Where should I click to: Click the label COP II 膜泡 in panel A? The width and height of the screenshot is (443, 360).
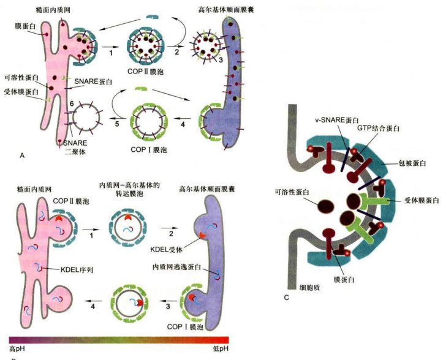(x=145, y=72)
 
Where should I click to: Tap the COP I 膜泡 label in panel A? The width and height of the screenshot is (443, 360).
(x=149, y=149)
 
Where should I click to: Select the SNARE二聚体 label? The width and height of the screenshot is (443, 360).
(x=75, y=147)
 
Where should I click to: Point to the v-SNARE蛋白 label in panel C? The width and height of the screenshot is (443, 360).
(x=337, y=120)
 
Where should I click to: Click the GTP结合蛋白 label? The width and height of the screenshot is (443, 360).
(x=378, y=128)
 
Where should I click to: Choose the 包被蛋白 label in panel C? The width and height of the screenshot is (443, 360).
(x=412, y=163)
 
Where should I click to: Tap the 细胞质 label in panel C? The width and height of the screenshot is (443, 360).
(x=309, y=288)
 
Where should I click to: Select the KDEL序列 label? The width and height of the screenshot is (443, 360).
(x=77, y=269)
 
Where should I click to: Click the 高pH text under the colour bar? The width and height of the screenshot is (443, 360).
(x=17, y=349)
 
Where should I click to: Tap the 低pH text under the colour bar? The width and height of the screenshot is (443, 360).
(x=221, y=349)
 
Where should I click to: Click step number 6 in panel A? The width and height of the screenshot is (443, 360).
(x=72, y=104)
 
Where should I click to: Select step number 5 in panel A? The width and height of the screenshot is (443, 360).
(x=117, y=124)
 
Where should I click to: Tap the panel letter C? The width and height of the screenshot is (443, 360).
(x=286, y=298)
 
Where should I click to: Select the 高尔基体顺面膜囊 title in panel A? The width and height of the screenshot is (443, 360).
(x=226, y=10)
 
